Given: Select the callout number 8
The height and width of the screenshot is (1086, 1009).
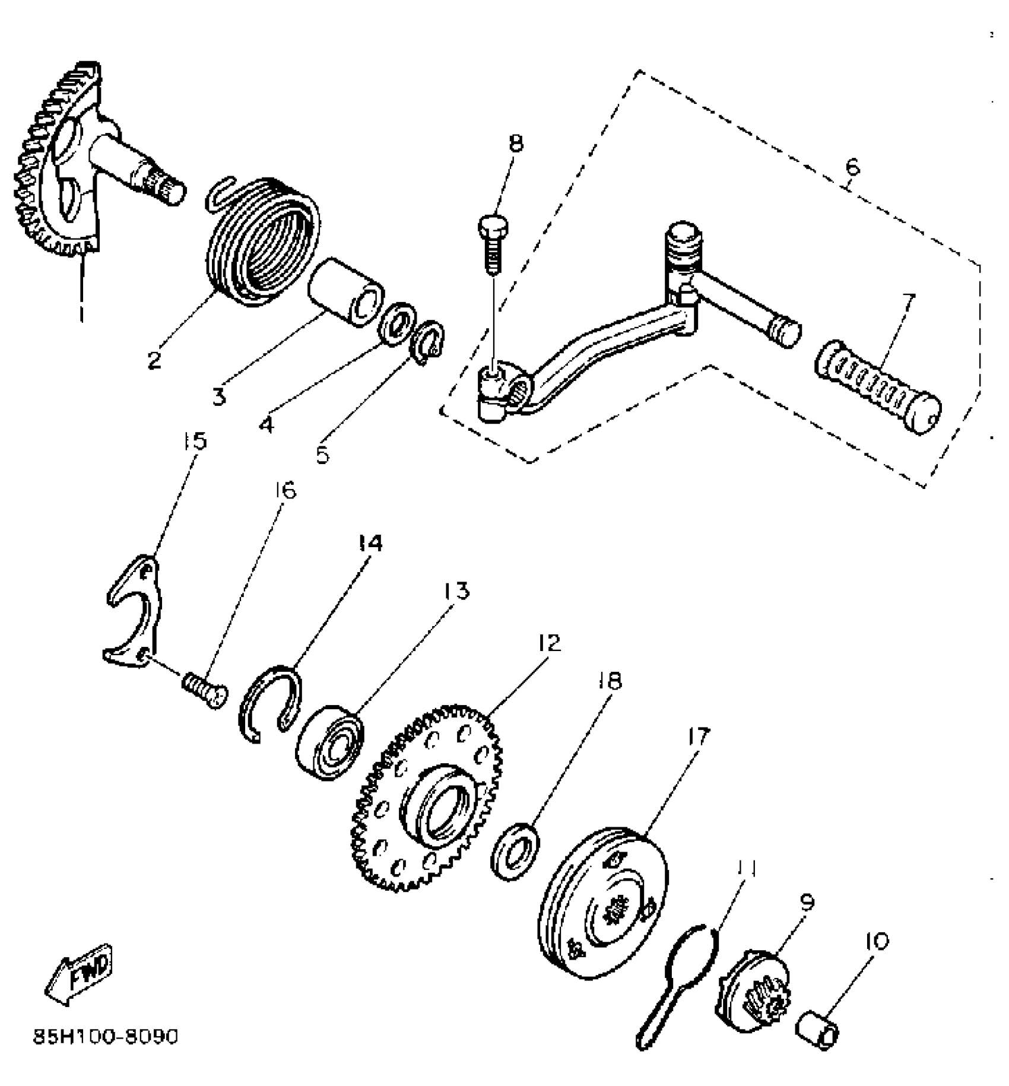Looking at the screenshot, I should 516,144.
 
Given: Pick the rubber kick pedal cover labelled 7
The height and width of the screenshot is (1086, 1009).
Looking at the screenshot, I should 877,387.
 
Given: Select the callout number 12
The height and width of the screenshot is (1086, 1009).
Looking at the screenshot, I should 549,643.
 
